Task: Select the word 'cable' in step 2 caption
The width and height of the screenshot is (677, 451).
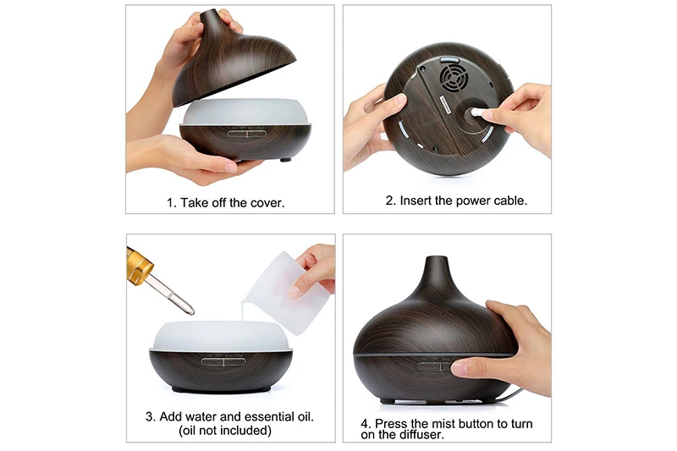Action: pos(509,201)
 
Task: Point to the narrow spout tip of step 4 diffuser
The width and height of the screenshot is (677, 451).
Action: pos(435,261)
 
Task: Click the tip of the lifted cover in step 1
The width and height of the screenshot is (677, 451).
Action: pos(212,16)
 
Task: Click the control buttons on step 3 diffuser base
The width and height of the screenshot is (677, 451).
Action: pos(223,358)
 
